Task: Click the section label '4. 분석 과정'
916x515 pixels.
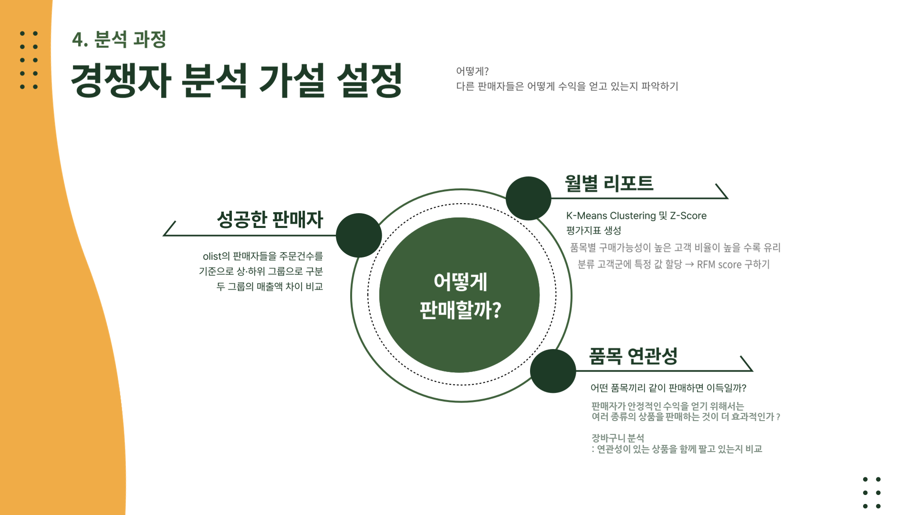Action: [x=119, y=39]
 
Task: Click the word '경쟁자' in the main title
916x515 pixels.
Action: [x=121, y=80]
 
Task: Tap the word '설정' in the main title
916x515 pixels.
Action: [x=369, y=80]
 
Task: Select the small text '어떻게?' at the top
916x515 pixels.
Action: [x=472, y=71]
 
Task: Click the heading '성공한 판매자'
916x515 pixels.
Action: [x=270, y=219]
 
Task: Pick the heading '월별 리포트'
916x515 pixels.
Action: [x=609, y=183]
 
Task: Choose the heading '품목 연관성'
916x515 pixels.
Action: [x=633, y=356]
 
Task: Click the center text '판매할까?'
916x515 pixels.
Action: [x=460, y=310]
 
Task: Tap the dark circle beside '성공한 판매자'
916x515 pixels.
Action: [x=359, y=235]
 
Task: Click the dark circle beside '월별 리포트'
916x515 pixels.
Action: [x=528, y=198]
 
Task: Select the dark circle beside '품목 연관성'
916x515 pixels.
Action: [x=553, y=371]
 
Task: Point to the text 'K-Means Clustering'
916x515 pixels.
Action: [x=611, y=216]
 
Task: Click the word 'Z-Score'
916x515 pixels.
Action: [x=688, y=216]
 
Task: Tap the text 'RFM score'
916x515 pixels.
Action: [x=719, y=265]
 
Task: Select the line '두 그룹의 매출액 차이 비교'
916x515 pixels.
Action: [x=270, y=287]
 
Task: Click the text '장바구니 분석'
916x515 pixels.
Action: [x=618, y=438]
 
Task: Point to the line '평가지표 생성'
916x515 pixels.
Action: [x=593, y=231]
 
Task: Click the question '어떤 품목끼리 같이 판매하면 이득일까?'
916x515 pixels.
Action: [x=668, y=388]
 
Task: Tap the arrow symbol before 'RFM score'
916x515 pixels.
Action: [x=689, y=265]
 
